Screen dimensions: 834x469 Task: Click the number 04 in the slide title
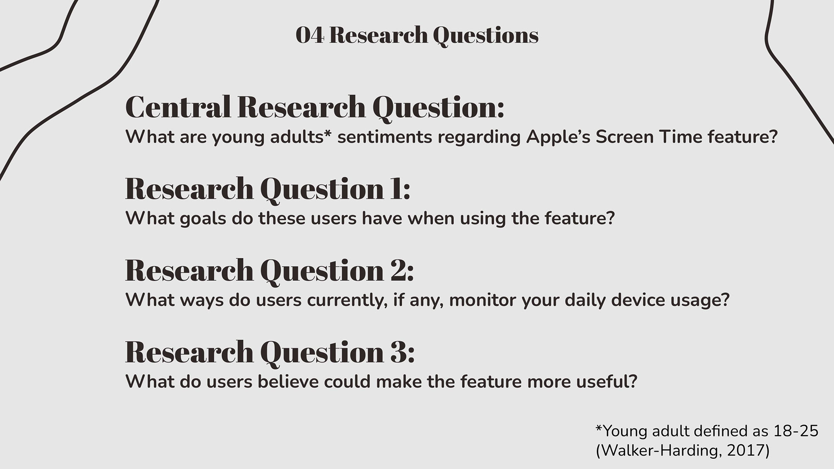point(310,35)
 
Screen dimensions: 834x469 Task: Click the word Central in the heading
point(180,107)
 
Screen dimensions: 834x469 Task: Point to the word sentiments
point(385,137)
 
